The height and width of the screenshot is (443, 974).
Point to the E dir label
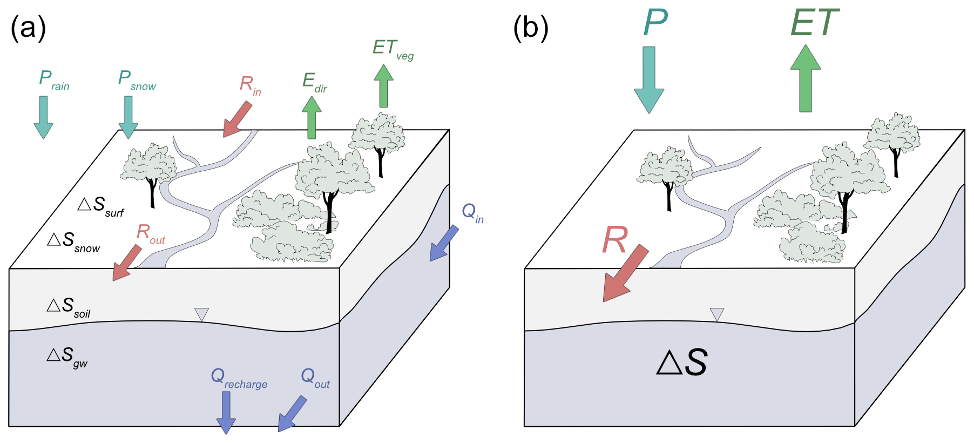coord(314,83)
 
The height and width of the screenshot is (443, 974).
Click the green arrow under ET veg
coord(383,86)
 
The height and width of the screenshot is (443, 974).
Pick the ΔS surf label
coord(100,206)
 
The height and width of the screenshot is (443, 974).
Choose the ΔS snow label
coord(73,241)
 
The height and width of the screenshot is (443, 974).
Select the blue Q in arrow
coord(444,244)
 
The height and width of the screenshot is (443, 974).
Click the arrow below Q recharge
coord(226,412)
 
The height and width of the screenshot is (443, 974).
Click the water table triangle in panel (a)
coord(201,314)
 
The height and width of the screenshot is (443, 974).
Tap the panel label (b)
coord(530,28)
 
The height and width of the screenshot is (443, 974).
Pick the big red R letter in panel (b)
coord(615,240)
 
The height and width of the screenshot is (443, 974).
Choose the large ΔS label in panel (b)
coord(682,363)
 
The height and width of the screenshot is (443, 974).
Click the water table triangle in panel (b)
coord(717,314)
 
